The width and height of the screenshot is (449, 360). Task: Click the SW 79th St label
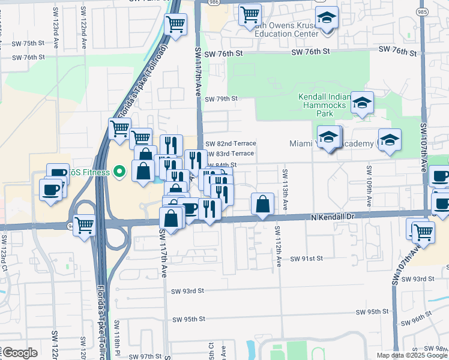[221, 98]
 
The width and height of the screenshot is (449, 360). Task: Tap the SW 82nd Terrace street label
[231, 143]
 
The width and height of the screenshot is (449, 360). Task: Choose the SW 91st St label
[307, 258]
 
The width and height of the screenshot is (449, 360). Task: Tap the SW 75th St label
[29, 43]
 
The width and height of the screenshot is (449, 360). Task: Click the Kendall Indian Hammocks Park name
[324, 105]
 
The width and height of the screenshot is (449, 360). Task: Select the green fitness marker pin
[119, 173]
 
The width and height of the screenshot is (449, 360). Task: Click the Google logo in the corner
[20, 353]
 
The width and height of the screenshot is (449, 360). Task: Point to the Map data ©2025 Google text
[412, 355]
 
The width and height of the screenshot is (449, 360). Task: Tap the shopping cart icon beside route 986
[250, 14]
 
